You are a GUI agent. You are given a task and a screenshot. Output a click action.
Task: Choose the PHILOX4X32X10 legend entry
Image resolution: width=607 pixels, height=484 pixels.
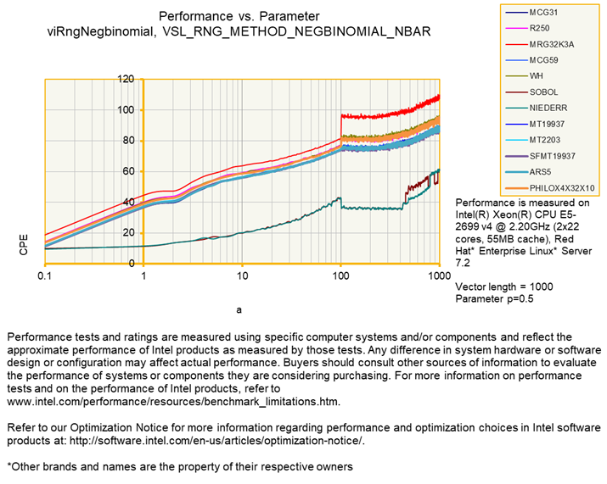(x=560, y=186)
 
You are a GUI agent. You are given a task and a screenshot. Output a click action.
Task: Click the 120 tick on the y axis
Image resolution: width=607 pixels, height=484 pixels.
(x=126, y=80)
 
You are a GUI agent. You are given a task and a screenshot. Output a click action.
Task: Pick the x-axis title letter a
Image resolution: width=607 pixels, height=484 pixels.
(x=239, y=309)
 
